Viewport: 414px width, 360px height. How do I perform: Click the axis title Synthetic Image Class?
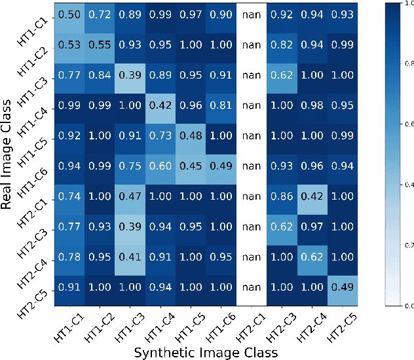206,352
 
